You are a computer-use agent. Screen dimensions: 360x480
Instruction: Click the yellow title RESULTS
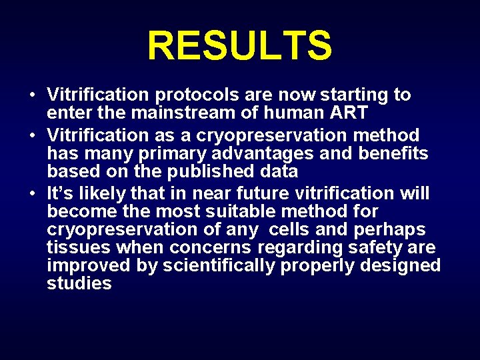239,46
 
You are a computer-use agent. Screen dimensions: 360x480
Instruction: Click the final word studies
79,283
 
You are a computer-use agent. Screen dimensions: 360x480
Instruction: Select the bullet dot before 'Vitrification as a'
32,135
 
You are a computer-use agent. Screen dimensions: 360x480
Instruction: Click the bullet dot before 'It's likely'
32,194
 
